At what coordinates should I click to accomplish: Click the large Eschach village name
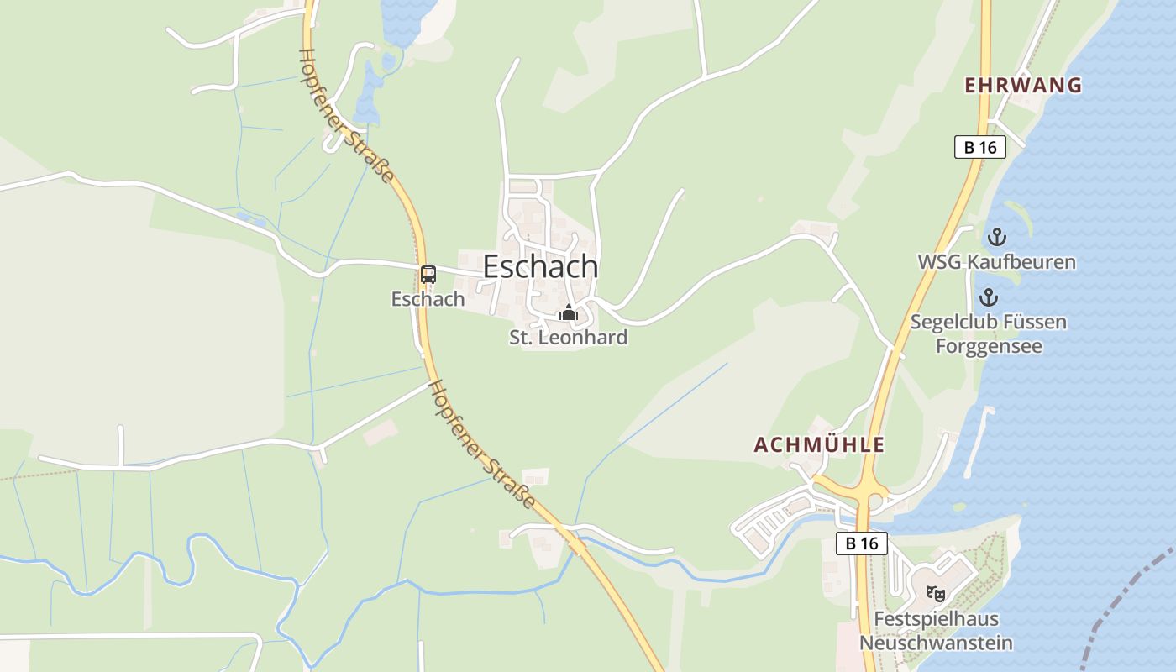540,267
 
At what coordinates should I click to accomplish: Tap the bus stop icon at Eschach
428,274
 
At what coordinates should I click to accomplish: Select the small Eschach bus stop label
428,299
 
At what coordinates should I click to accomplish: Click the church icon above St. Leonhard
569,313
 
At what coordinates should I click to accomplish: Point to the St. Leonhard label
569,338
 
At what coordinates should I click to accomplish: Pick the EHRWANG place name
1023,86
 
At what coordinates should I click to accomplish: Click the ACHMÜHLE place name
820,445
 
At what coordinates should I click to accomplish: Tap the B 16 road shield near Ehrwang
980,147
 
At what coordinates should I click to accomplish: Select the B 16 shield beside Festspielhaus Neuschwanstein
862,543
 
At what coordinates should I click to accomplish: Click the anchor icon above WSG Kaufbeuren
996,237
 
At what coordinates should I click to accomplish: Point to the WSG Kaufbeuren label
996,262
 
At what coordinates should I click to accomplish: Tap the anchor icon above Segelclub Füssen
989,297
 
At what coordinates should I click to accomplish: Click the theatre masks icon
935,593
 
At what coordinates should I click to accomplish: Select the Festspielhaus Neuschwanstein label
936,632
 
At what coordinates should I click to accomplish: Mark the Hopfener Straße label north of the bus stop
346,115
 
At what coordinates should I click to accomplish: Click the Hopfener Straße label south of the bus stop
481,444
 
